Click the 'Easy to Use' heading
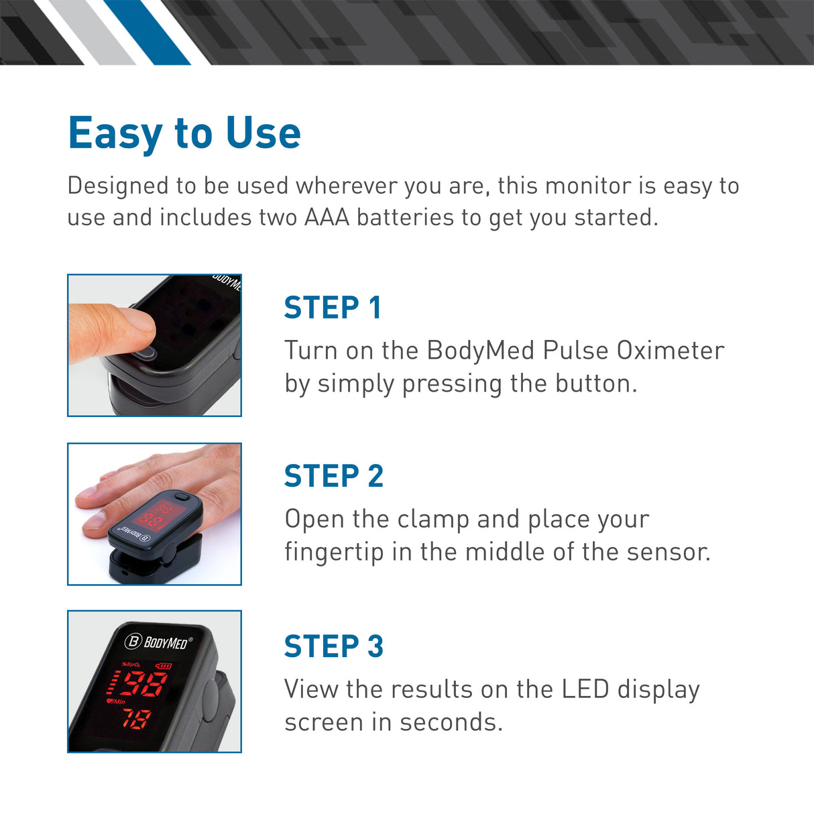click(x=184, y=133)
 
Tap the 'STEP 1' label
click(x=333, y=308)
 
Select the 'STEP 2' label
click(x=333, y=476)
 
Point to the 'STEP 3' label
click(x=333, y=646)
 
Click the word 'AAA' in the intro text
click(x=327, y=217)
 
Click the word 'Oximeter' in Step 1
click(x=670, y=351)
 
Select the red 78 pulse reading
click(x=135, y=719)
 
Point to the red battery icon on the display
click(x=164, y=666)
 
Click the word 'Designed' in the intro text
click(x=117, y=186)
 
